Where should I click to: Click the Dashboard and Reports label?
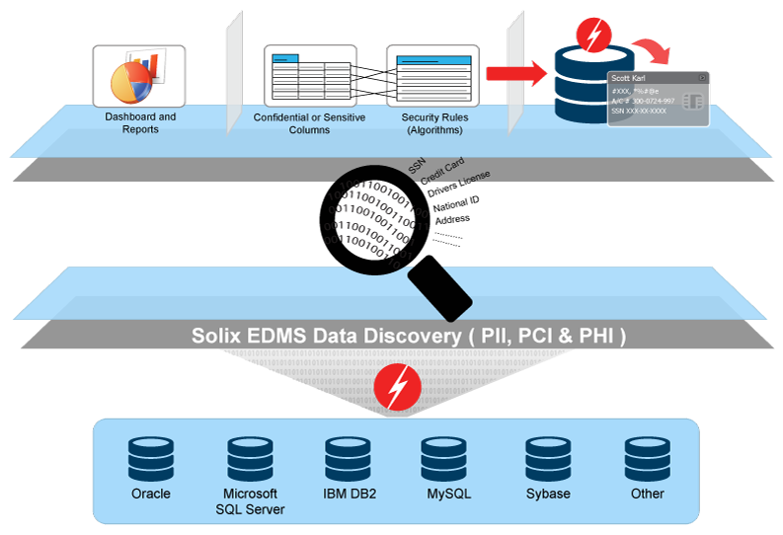(140, 122)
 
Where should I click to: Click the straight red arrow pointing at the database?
(516, 72)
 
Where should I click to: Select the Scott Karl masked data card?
(657, 99)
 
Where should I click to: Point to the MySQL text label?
(445, 494)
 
